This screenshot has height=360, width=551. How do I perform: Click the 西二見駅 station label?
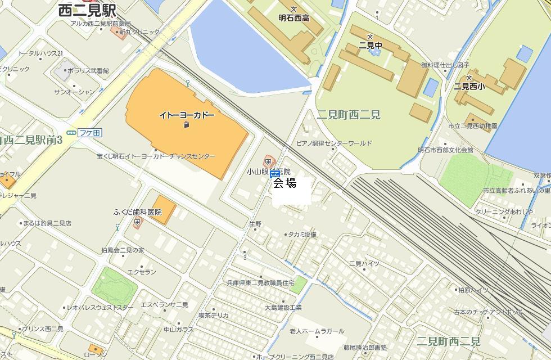click(x=87, y=10)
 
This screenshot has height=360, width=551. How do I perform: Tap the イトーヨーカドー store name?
click(x=187, y=115)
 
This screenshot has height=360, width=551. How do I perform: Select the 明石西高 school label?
click(x=293, y=18)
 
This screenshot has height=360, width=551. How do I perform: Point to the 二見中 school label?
click(x=371, y=45)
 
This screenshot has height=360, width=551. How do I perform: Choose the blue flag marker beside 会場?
click(x=275, y=175)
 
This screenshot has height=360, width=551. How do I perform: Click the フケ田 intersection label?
click(x=89, y=133)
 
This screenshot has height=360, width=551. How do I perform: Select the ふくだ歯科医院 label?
click(x=137, y=212)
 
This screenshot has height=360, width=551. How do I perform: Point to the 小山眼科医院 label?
click(x=269, y=172)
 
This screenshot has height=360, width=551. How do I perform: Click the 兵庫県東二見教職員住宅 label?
click(x=260, y=283)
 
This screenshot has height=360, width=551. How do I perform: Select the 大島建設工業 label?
click(x=283, y=308)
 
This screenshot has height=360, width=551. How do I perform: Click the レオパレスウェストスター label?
click(x=101, y=308)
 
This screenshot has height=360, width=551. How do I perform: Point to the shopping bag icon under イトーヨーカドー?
click(x=186, y=124)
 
